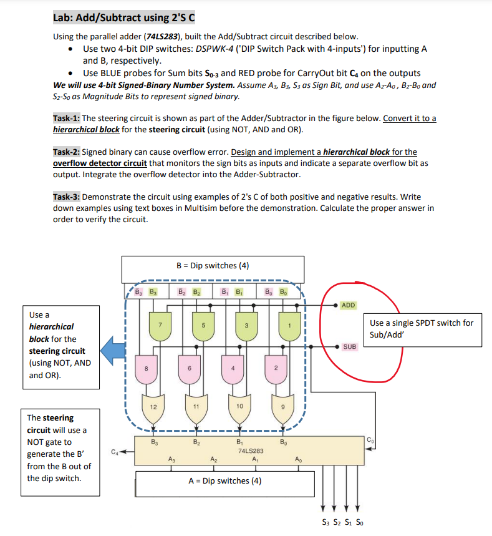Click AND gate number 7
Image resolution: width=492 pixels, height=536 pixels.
pyautogui.click(x=160, y=325)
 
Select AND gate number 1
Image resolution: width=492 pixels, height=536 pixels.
pyautogui.click(x=289, y=325)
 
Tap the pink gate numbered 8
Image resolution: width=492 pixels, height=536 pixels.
pyautogui.click(x=147, y=368)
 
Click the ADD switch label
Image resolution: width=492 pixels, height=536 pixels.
pyautogui.click(x=349, y=305)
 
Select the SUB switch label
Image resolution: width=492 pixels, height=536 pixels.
pyautogui.click(x=349, y=346)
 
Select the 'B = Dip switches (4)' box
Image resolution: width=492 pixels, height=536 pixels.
pyautogui.click(x=213, y=266)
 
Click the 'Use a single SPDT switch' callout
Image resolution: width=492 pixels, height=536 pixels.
pyautogui.click(x=422, y=329)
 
